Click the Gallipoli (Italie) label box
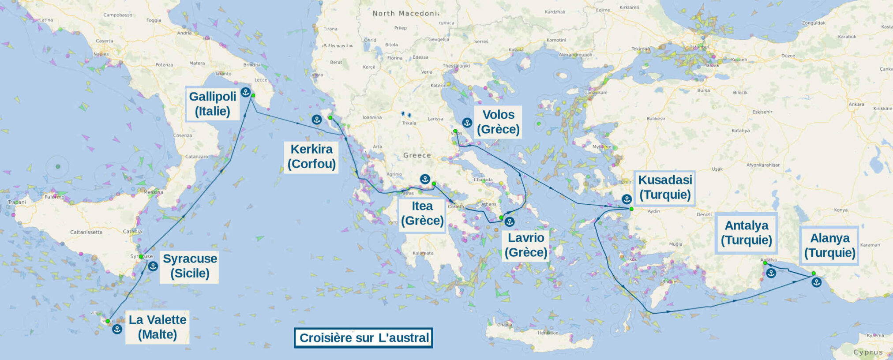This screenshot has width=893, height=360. tap(213, 104)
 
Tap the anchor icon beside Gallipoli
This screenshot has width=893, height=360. tap(246, 92)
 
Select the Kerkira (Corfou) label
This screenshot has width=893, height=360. tap(311, 157)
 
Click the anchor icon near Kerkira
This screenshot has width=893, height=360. tap(316, 120)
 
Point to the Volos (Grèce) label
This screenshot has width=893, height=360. tap(498, 122)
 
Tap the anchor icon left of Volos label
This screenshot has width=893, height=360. tap(467, 123)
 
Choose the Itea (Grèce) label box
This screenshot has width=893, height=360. tap(422, 214)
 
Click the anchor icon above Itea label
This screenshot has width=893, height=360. tap(425, 179)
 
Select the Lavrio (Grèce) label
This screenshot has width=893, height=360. tap(525, 245)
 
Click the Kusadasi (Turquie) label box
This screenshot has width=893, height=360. tap(665, 187)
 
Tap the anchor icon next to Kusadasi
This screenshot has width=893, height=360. tap(627, 199)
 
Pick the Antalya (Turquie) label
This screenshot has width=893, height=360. tap(746, 232)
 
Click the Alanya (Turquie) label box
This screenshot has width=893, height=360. tap(829, 245)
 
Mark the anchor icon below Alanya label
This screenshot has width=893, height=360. tap(816, 282)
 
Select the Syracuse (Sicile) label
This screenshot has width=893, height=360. tap(190, 266)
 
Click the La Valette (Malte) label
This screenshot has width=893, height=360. tap(158, 327)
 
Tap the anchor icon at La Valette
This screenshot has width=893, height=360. tap(117, 329)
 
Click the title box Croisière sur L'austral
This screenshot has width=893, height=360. tap(364, 338)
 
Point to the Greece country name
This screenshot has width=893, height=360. tap(417, 155)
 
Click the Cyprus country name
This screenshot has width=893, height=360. tap(868, 352)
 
